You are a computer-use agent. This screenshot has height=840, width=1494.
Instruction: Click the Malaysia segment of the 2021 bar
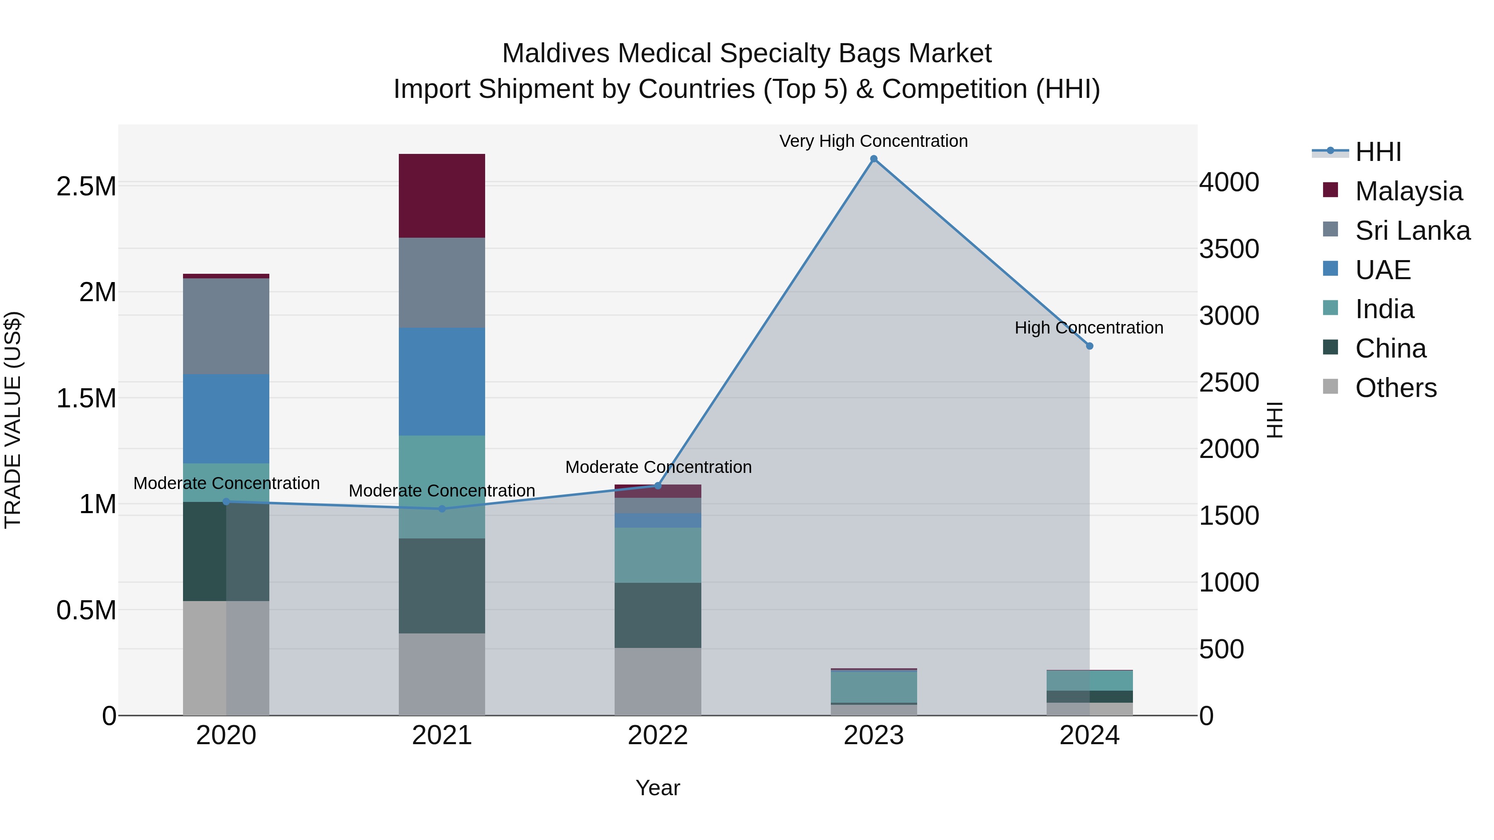coord(442,195)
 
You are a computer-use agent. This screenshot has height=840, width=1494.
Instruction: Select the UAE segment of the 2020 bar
coord(226,418)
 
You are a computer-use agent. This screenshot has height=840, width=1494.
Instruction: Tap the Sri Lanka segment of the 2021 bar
coord(442,282)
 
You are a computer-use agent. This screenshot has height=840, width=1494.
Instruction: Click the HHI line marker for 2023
coord(874,159)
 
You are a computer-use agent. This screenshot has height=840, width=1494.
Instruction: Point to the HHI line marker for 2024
coord(1089,346)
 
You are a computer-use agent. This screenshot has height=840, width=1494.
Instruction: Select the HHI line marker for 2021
coord(442,509)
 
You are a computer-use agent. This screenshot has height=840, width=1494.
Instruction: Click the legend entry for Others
coord(1395,388)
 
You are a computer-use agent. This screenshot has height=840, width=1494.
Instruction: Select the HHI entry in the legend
coord(1377,152)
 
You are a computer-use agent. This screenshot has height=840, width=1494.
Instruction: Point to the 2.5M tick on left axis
coord(86,187)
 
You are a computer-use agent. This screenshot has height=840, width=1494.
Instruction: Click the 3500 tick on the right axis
coord(1228,249)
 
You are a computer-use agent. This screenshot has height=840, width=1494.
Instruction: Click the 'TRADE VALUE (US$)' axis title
coord(13,420)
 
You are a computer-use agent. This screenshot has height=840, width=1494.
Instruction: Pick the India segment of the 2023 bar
coord(874,687)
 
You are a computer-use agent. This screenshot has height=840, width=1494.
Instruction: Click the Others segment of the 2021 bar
coord(442,674)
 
